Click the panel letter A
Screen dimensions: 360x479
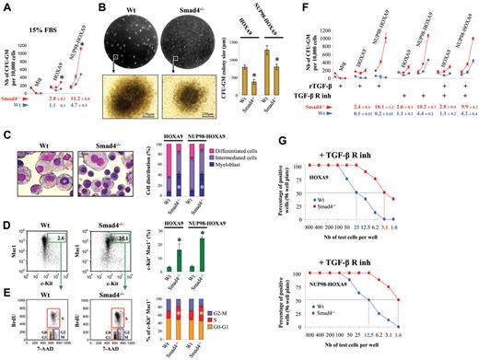[x=6, y=9]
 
